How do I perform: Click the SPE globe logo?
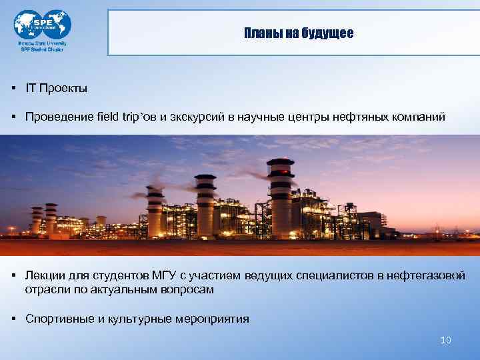pos(42,25)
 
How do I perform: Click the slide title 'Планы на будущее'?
pos(298,33)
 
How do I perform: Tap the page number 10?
pos(446,341)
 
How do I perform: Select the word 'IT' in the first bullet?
pos(31,88)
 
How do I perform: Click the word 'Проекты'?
pos(63,88)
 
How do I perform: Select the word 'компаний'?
pos(417,117)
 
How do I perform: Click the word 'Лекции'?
pos(44,276)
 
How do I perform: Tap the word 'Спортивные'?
pos(59,319)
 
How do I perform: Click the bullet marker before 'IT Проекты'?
pos(13,88)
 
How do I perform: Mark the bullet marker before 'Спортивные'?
pos(13,319)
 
